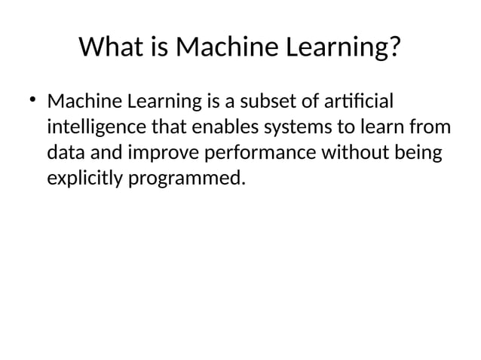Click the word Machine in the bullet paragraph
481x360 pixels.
(x=84, y=101)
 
